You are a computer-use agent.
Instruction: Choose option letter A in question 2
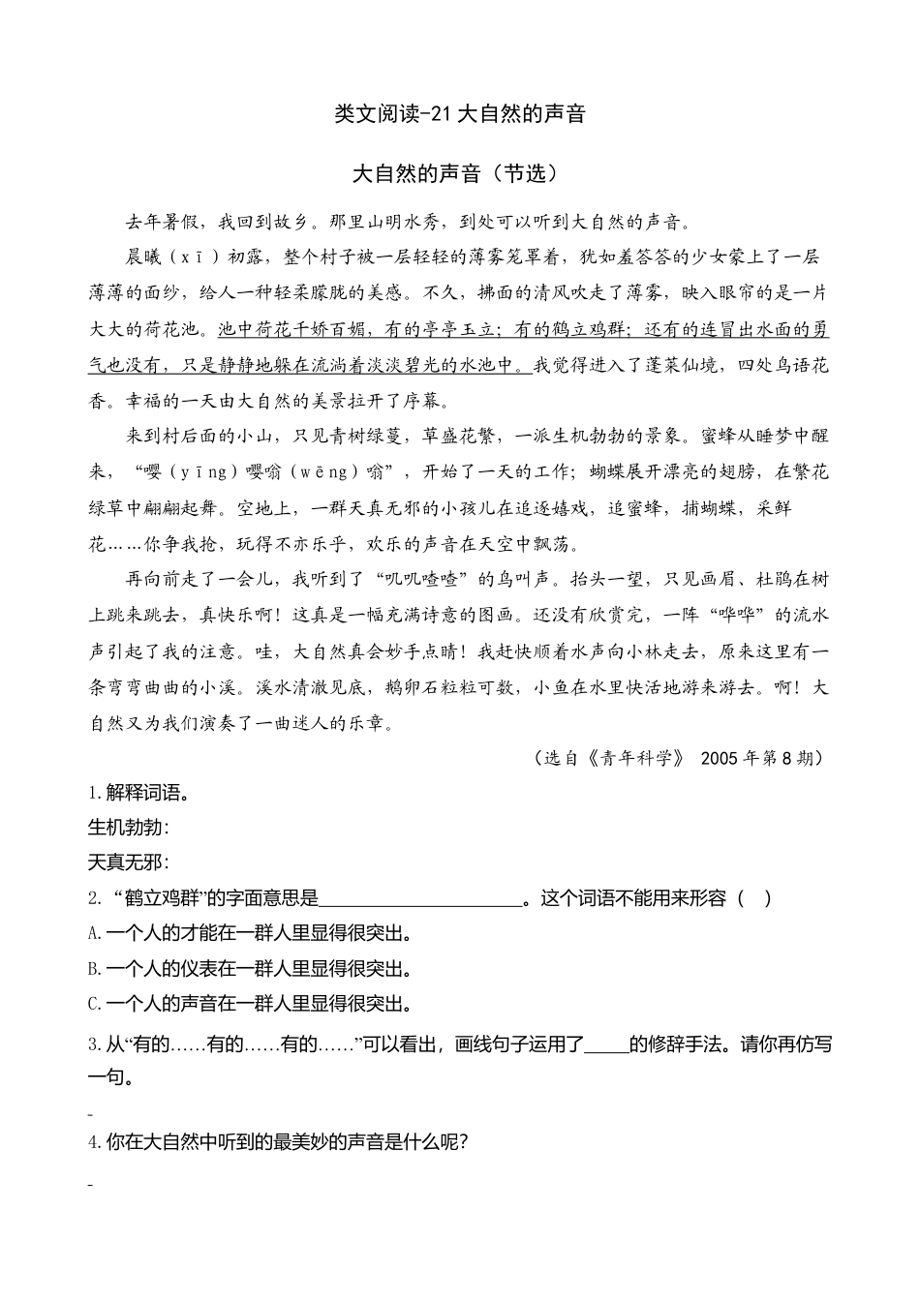pos(94,933)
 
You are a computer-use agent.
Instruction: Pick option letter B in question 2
pos(94,968)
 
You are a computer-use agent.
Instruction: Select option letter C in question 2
pos(94,1004)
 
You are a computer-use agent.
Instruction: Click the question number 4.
pos(94,1142)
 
